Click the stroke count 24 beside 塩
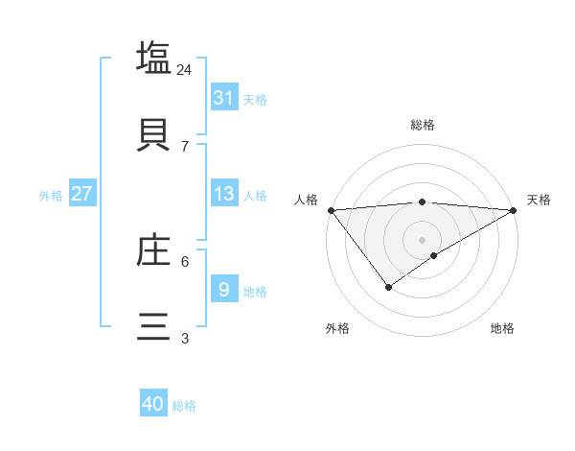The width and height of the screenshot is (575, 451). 185,70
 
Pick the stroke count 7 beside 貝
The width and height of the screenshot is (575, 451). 185,146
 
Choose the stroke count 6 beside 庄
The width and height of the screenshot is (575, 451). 185,261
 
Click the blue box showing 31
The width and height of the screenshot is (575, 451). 224,98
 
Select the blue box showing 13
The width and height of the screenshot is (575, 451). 224,194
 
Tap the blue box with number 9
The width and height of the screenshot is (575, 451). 224,289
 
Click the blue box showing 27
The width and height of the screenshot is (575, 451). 82,194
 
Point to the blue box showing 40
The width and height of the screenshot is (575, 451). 153,404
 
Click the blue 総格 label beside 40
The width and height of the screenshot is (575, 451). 184,406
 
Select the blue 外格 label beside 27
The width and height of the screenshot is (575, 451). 51,196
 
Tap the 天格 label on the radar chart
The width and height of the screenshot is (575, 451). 539,200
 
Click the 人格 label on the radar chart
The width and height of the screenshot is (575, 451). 306,200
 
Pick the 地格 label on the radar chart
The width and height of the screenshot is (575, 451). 502,328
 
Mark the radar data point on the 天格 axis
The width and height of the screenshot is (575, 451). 515,210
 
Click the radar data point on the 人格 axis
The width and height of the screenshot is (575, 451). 331,210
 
